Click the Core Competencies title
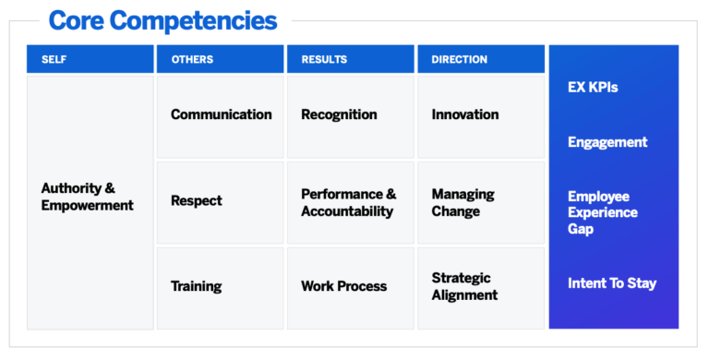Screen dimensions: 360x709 [162, 19]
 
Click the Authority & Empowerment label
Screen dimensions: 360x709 [88, 197]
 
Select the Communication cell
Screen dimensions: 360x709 [222, 114]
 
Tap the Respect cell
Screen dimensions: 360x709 [197, 200]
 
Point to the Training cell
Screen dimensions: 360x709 [196, 286]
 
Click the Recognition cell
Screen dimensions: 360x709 [339, 114]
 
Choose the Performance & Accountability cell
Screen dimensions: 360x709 [348, 203]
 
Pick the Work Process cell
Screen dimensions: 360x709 [343, 286]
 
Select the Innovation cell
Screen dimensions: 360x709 [465, 114]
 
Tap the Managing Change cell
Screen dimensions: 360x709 [463, 203]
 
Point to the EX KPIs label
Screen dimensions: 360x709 [593, 88]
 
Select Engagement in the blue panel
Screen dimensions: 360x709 [607, 142]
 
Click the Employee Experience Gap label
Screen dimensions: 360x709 [603, 212]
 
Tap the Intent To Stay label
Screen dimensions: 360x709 [612, 282]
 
